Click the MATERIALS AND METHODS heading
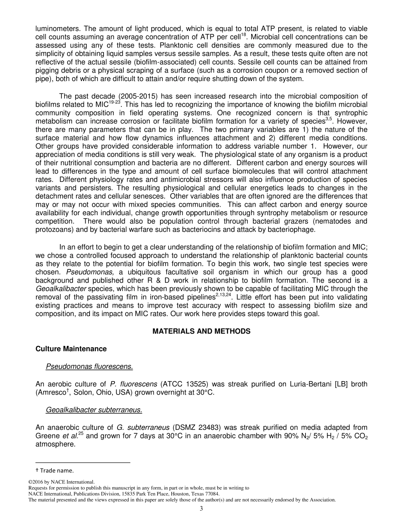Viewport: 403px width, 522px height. click(x=201, y=331)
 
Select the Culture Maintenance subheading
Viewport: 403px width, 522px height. click(x=71, y=349)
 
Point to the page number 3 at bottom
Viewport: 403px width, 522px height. click(x=201, y=509)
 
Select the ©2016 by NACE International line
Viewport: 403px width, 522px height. click(x=61, y=482)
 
